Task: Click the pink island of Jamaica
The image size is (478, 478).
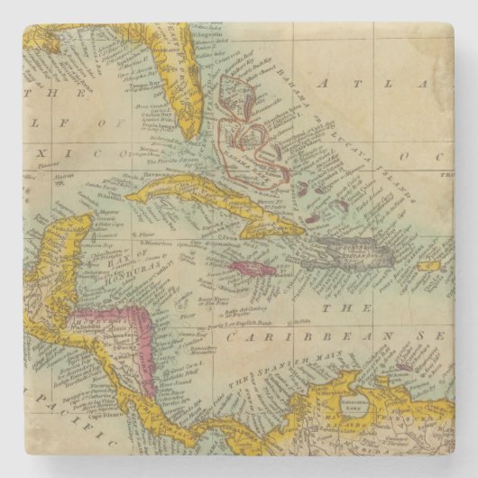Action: coord(254,269)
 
